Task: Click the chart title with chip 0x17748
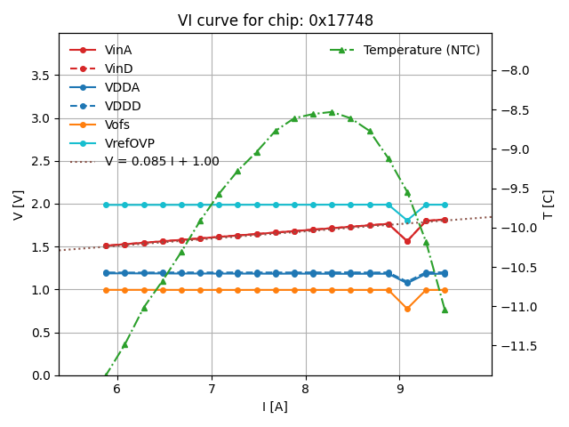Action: click(275, 20)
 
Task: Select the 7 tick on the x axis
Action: click(212, 389)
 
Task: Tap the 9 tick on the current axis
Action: click(399, 389)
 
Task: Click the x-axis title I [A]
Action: click(275, 407)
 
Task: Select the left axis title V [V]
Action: click(18, 205)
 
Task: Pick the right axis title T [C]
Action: click(549, 205)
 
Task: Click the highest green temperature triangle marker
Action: click(332, 112)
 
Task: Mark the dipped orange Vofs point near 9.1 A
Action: click(407, 309)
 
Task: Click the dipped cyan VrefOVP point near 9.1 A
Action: click(407, 221)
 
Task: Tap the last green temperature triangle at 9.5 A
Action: click(445, 310)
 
